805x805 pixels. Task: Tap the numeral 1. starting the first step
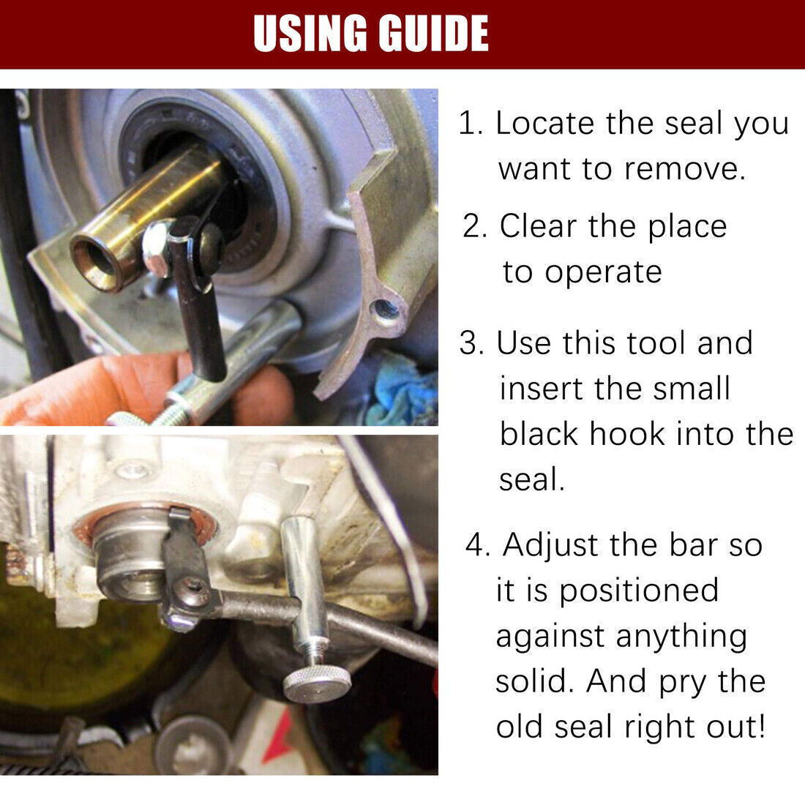[x=471, y=124]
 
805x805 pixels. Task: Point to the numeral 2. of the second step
[x=474, y=226]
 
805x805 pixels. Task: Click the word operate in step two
[x=603, y=273]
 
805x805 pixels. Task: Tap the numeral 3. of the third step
[x=472, y=343]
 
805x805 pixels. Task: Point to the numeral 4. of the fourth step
[x=477, y=544]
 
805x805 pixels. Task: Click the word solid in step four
[x=534, y=681]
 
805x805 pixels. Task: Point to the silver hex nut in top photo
[x=157, y=247]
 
